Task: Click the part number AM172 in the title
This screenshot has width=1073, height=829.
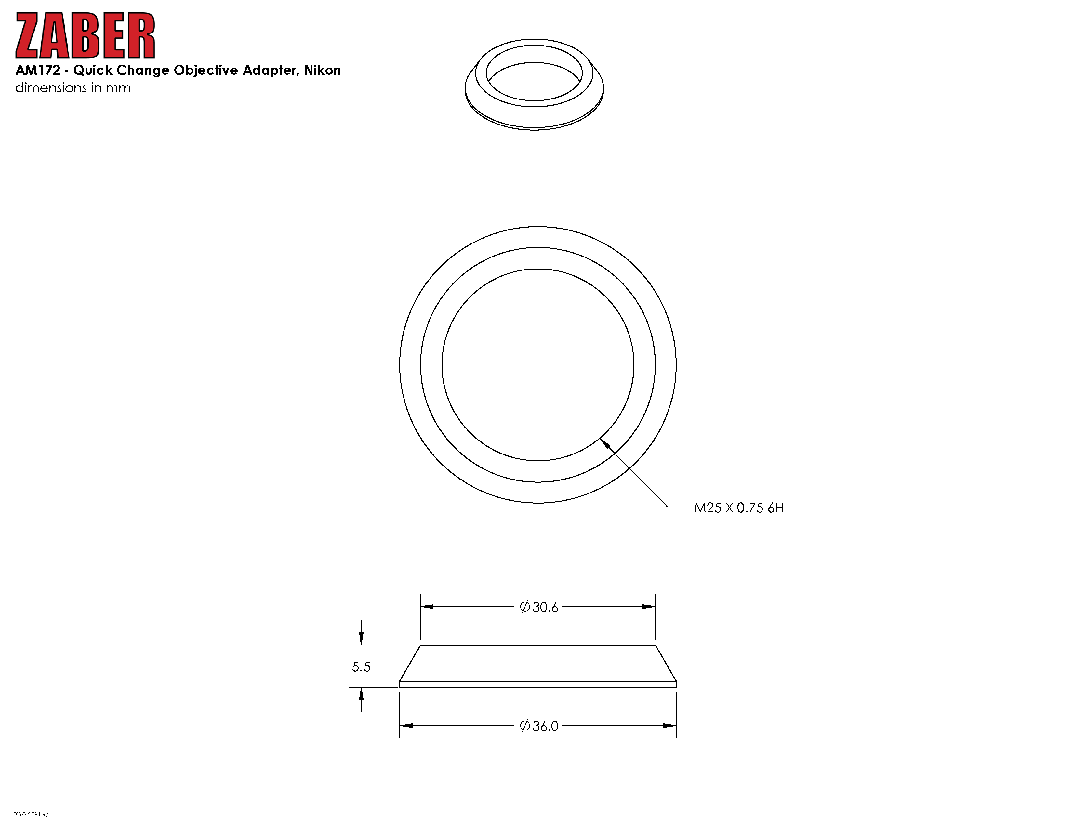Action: point(38,70)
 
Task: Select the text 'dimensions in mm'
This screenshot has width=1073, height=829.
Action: point(73,88)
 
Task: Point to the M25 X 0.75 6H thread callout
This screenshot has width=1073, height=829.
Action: point(738,508)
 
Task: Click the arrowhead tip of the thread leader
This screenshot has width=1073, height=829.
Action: point(600,439)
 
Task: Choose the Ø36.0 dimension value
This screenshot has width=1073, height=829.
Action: point(539,726)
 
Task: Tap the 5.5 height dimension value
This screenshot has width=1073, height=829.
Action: point(361,667)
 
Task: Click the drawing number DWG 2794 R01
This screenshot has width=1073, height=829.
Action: point(32,815)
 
